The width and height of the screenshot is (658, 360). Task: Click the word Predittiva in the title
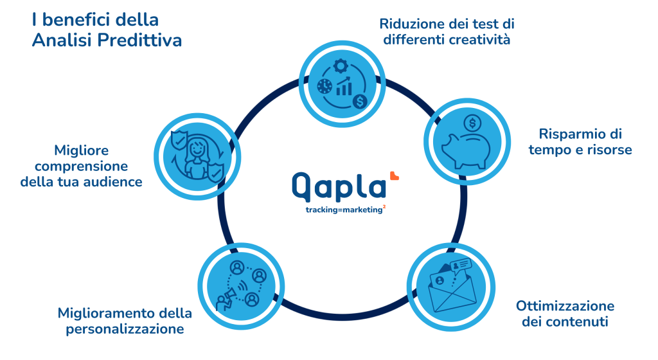(x=139, y=40)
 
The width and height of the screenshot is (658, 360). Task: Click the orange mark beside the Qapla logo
(x=394, y=175)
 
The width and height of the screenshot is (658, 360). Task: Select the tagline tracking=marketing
(x=344, y=210)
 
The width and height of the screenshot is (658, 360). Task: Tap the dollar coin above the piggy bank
(x=472, y=123)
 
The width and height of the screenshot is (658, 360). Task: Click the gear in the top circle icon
(x=341, y=66)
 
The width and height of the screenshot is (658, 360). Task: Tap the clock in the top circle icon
(x=325, y=86)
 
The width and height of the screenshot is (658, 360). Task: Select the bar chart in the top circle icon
(x=344, y=87)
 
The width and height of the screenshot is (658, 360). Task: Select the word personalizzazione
(x=125, y=329)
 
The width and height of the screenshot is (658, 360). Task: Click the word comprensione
(x=82, y=166)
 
